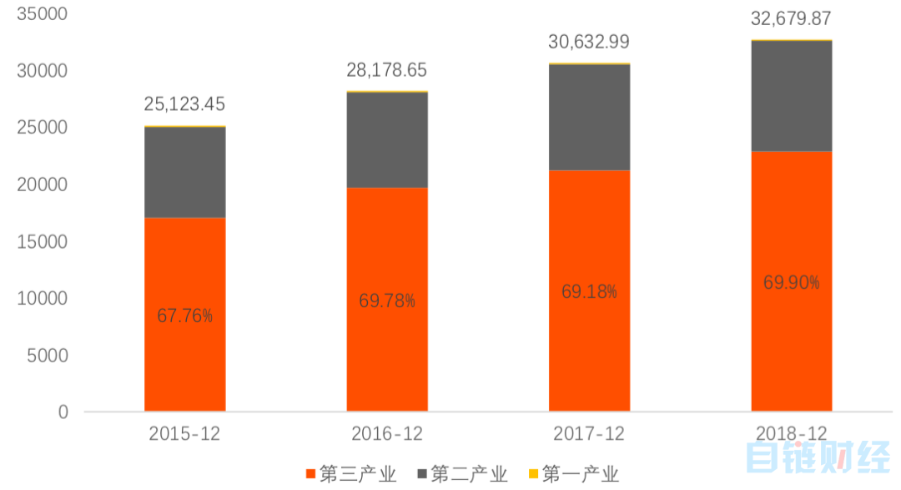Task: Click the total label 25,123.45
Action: pos(184,104)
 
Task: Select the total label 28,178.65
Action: pos(387,70)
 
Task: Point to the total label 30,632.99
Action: pos(589,42)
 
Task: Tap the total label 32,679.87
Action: pos(791,18)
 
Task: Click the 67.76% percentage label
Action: pos(184,316)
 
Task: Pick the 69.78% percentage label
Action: pos(387,301)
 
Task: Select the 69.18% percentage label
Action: pos(589,292)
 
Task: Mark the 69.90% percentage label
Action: pos(791,282)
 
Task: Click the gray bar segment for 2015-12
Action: pos(184,172)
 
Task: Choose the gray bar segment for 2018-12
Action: pos(791,95)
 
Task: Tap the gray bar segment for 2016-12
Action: pos(387,139)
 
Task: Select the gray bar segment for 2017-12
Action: pos(589,117)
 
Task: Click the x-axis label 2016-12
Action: pos(387,434)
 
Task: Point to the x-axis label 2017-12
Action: pos(589,434)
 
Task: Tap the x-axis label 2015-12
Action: pos(184,434)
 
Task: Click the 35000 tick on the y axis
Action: pos(42,14)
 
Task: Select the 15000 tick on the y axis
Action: pos(42,242)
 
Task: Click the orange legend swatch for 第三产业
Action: pos(312,474)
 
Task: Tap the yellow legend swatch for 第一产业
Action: pos(533,474)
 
